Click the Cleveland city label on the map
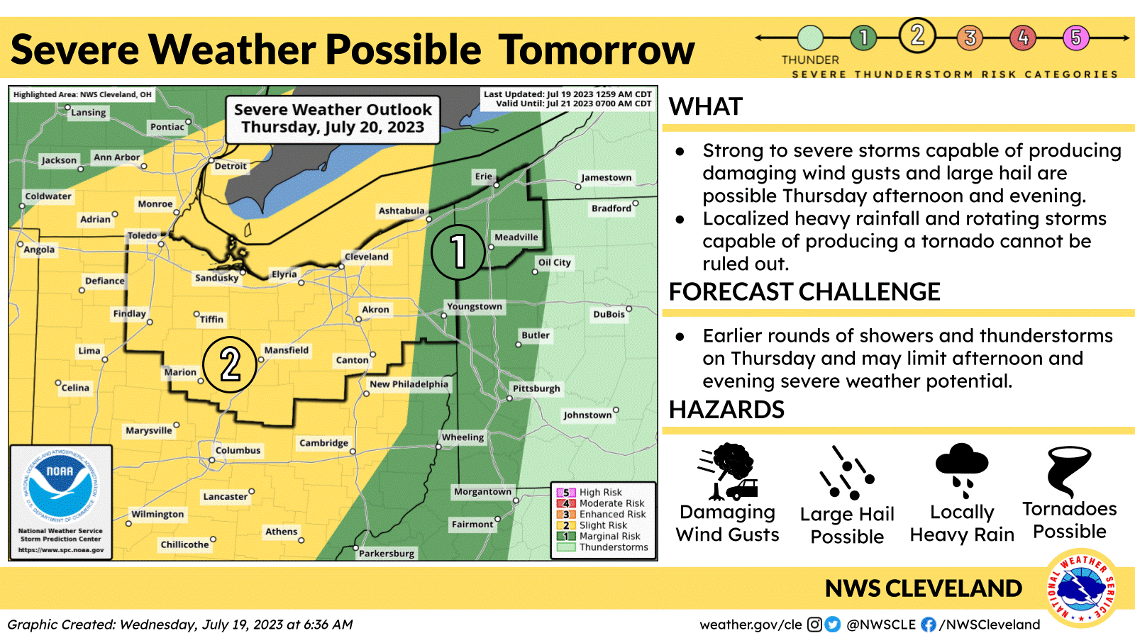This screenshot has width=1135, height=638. (x=366, y=257)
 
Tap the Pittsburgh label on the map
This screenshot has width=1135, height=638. (x=536, y=388)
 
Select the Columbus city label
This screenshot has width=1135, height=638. (x=238, y=450)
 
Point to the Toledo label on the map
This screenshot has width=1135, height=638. (x=142, y=235)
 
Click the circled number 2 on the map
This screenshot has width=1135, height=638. (x=230, y=364)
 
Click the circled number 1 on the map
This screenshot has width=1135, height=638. (x=458, y=251)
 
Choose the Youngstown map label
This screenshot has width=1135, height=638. (x=474, y=306)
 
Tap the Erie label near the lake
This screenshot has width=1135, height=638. (x=483, y=177)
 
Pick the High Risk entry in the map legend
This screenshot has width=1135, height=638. (x=599, y=492)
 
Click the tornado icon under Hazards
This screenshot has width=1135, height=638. (x=1069, y=471)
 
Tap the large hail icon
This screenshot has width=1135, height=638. (x=847, y=473)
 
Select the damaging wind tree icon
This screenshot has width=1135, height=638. (x=728, y=471)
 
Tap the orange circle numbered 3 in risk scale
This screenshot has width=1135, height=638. (x=970, y=37)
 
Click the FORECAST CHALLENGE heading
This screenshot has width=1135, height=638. (x=804, y=292)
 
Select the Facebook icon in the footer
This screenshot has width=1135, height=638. (x=928, y=625)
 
